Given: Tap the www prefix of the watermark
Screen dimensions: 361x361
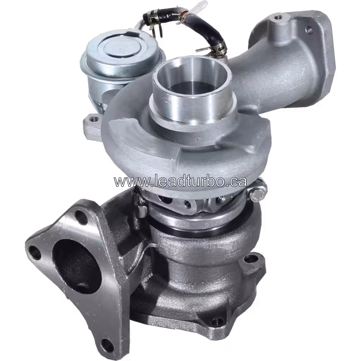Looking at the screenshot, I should (127, 182).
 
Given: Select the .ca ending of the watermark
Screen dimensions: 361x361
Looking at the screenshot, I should (237, 182).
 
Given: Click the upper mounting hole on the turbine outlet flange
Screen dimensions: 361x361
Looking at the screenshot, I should (251, 259).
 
